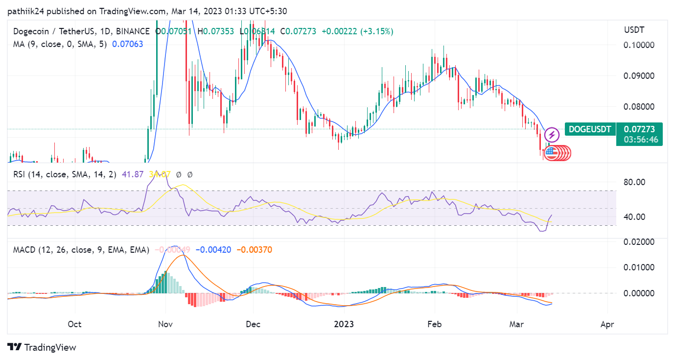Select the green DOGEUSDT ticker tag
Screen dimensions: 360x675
(x=590, y=130)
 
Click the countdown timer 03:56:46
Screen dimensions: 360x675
(x=640, y=140)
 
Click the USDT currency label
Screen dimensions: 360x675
(x=634, y=30)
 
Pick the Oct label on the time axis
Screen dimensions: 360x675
(x=74, y=324)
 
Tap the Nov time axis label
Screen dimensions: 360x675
(x=165, y=324)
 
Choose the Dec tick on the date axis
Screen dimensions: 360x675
(x=253, y=324)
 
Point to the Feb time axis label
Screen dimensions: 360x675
(x=434, y=324)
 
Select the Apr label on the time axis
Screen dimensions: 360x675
(x=607, y=324)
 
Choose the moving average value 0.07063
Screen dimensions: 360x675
(x=127, y=44)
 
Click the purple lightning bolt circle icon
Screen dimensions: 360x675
(x=552, y=134)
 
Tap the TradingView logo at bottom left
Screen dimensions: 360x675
(x=42, y=347)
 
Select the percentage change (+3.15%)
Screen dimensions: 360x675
(x=377, y=31)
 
